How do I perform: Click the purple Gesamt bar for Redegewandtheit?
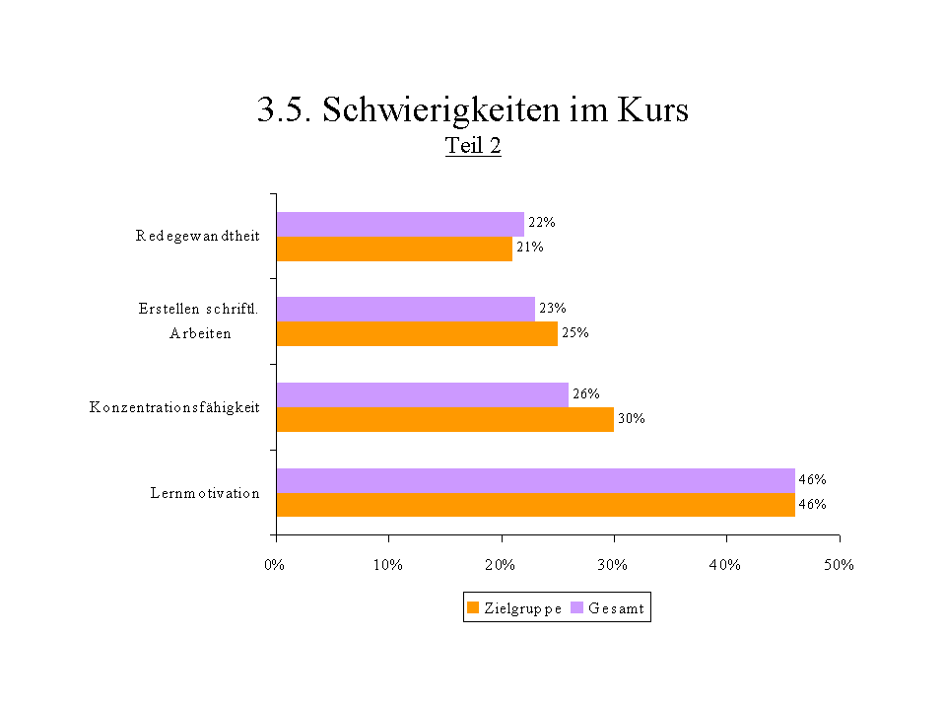400,224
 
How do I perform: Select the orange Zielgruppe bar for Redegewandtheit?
394,248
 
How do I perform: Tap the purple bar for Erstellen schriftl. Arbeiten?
405,309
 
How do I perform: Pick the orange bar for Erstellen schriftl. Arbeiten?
417,333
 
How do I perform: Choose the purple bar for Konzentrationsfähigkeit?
422,394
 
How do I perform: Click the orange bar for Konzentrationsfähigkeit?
444,419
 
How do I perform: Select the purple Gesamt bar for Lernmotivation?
535,480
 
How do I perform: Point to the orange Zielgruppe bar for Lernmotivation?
535,505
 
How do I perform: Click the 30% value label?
632,419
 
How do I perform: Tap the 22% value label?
541,223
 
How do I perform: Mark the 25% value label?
574,333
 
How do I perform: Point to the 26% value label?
586,394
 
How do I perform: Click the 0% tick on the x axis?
275,566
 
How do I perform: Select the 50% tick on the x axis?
840,566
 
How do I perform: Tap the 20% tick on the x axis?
501,566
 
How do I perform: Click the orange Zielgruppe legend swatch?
473,608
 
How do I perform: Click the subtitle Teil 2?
473,146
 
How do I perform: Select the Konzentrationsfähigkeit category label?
174,407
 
